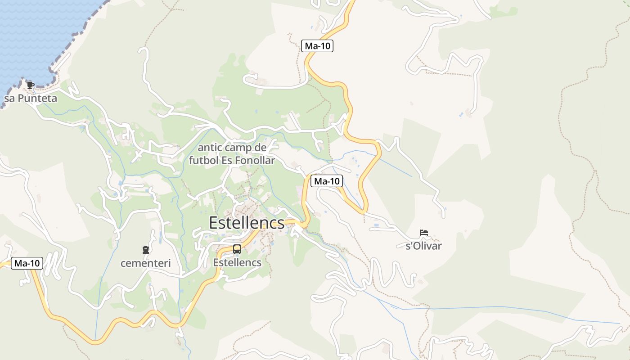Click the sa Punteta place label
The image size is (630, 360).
click(31, 98)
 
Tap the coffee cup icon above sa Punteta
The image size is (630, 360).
click(30, 85)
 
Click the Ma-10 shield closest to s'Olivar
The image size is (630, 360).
click(327, 181)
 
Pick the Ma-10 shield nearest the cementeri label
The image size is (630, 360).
click(27, 264)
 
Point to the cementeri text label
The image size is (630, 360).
click(145, 263)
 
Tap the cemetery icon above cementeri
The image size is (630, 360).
click(145, 250)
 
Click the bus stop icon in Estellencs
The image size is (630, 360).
click(237, 249)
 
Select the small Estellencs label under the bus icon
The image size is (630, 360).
click(237, 262)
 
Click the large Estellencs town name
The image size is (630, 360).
click(247, 223)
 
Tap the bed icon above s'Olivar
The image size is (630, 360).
click(423, 233)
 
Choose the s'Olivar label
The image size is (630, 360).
click(423, 246)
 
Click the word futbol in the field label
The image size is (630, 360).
click(203, 160)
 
